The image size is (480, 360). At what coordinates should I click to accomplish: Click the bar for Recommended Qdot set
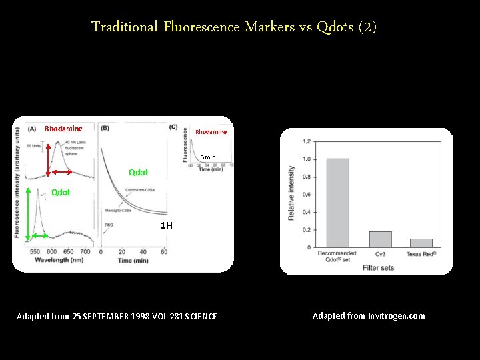tap(337, 203)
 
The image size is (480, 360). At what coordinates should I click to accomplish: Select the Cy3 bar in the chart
tap(380, 239)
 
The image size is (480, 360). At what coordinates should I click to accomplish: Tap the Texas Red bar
tap(421, 243)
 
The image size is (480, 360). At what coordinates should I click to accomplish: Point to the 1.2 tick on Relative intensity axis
tap(306, 141)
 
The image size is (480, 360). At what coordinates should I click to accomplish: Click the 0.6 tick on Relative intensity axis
tap(306, 195)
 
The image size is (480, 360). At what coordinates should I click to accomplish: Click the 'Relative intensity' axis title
tap(291, 194)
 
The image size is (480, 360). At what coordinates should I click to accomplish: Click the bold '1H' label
tap(166, 225)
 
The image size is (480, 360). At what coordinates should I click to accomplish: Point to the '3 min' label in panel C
tap(208, 157)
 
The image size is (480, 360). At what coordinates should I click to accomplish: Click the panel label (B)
tap(105, 127)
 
